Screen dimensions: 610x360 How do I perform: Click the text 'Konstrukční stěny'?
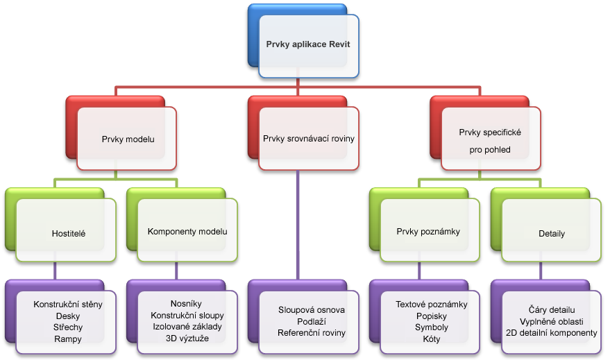coord(68,305)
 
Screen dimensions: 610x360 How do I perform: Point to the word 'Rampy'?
coord(68,339)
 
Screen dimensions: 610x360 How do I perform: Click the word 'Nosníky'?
coord(186,304)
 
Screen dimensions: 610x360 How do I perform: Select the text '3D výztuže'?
coord(187,338)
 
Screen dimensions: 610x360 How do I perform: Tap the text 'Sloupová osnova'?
coord(311,310)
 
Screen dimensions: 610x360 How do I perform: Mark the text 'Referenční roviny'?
coord(311,333)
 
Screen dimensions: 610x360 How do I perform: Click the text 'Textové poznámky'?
coord(432,305)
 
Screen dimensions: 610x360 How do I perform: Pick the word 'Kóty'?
coord(432,339)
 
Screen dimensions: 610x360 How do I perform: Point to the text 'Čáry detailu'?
coord(552,310)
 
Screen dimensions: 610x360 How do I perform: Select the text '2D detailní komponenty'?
coord(551,333)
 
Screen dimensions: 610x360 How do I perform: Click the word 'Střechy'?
coord(68,327)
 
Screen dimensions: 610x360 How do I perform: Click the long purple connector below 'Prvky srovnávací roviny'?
coord(298,225)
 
